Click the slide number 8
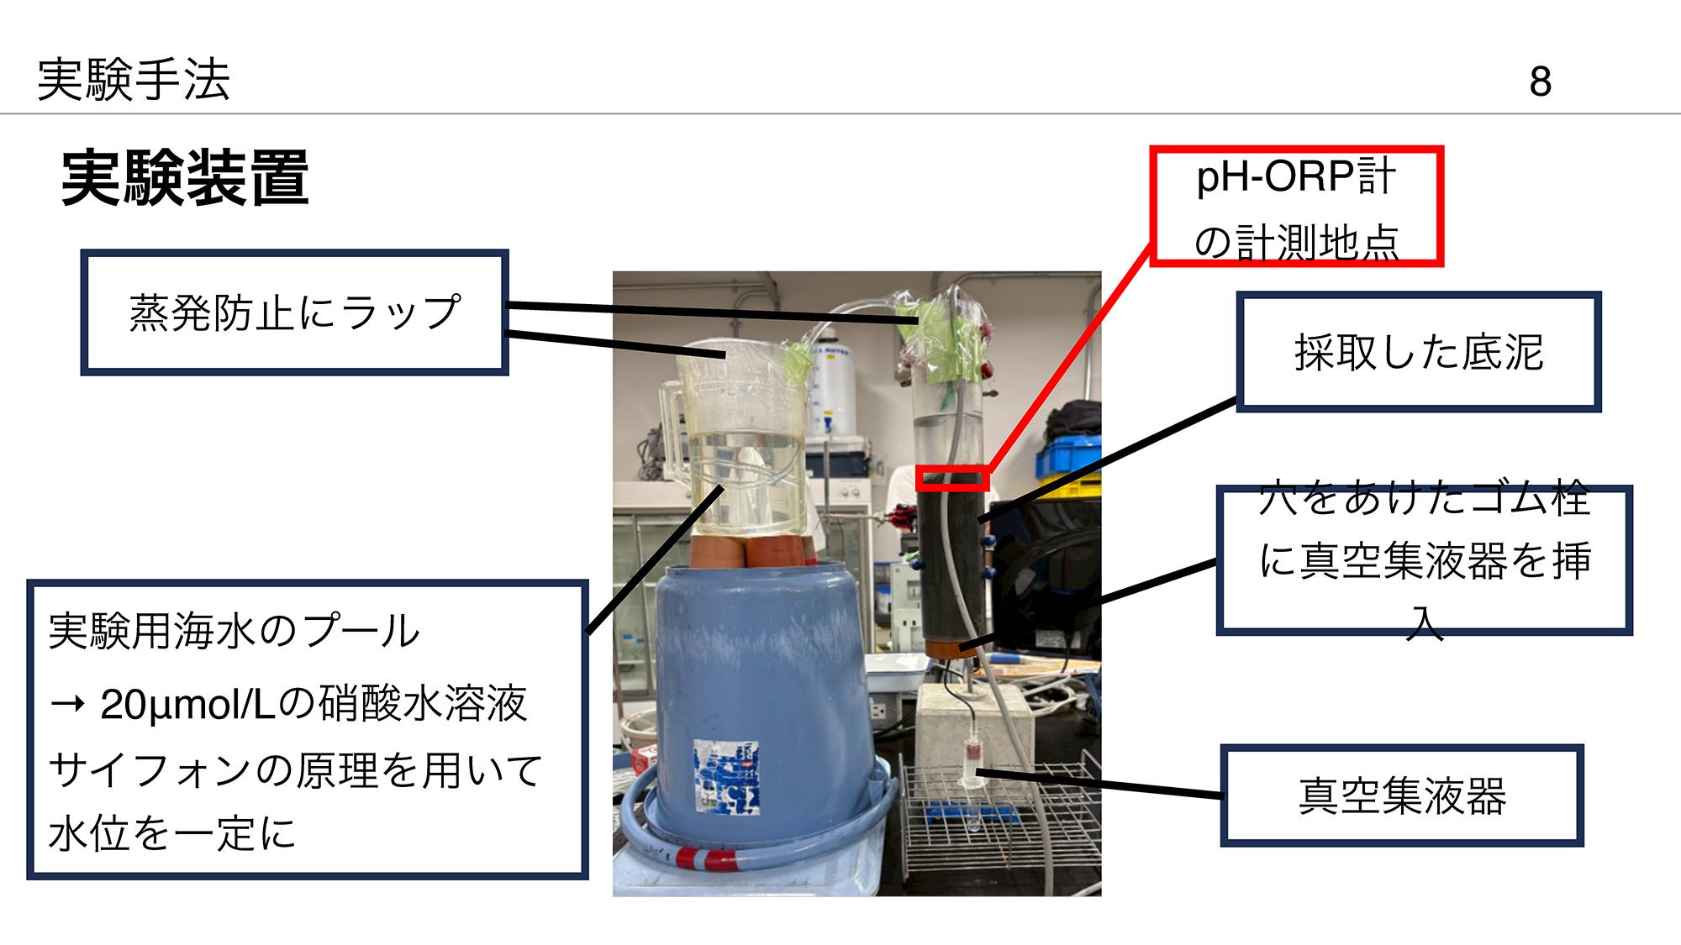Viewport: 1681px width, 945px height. tap(1540, 81)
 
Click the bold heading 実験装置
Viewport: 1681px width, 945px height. tap(185, 177)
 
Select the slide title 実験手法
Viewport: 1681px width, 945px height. tap(134, 80)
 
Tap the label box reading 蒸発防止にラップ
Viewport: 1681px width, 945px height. tap(294, 312)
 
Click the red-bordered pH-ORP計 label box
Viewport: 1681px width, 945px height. tap(1296, 207)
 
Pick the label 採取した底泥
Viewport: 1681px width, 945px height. tap(1419, 352)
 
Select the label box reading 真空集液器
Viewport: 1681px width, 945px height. tap(1402, 795)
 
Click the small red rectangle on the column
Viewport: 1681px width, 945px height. tap(952, 478)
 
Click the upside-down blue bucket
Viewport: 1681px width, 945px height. tap(756, 672)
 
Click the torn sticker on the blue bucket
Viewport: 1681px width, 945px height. tap(726, 777)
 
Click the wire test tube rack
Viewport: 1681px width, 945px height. tap(1000, 832)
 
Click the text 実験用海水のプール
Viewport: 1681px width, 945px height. tap(234, 631)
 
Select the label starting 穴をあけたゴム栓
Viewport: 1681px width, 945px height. tap(1424, 559)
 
